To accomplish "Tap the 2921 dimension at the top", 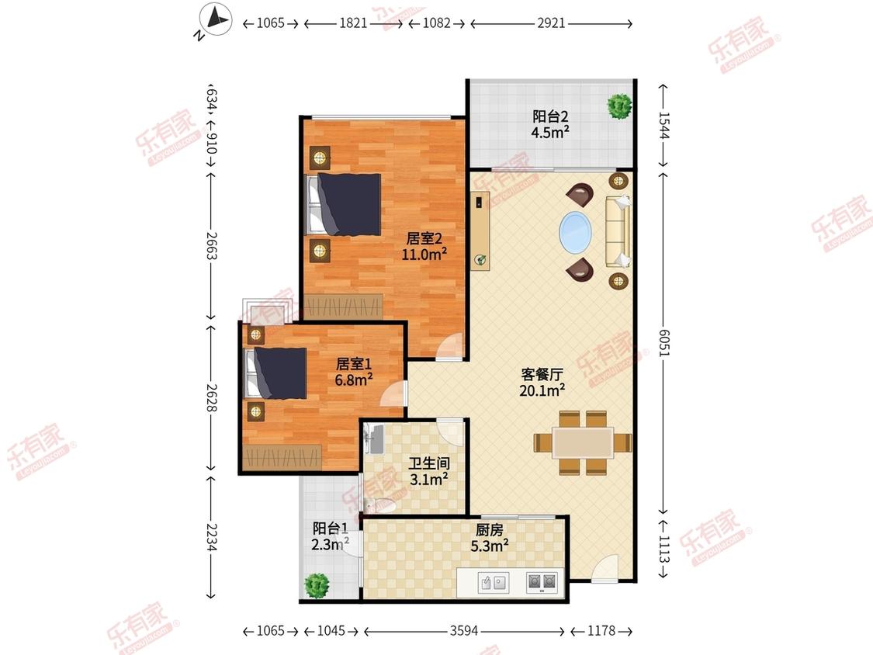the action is click(551, 23).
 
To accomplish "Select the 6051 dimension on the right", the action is click(663, 342).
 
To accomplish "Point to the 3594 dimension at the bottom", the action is click(464, 630).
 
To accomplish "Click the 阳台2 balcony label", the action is click(550, 116).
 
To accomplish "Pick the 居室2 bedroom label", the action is click(424, 238).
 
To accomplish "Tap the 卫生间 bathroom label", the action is click(428, 463).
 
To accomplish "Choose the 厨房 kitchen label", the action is click(490, 530).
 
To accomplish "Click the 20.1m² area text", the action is click(542, 390).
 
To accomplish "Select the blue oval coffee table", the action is click(576, 232).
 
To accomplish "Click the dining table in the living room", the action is click(583, 443).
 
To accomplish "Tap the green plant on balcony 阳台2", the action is click(619, 106).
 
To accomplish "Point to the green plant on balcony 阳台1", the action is click(317, 585).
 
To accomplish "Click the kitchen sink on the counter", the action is click(493, 583).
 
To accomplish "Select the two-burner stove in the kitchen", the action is click(542, 582).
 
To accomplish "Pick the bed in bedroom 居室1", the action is click(276, 373).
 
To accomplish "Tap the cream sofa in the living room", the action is click(618, 232).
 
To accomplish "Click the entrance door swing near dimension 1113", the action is click(605, 568).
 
